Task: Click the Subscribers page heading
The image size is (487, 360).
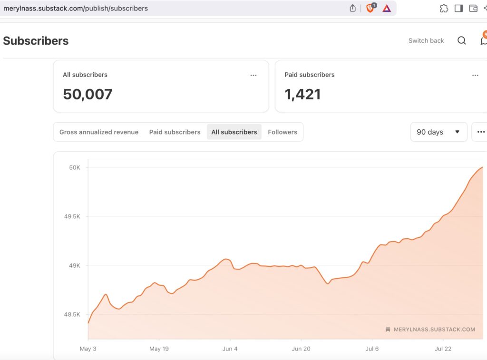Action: [x=36, y=41]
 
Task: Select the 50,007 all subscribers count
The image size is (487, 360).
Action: [x=88, y=94]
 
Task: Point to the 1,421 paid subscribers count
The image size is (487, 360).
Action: [x=302, y=94]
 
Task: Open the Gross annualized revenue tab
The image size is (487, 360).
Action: [x=99, y=132]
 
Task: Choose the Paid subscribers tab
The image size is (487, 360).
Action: [x=175, y=132]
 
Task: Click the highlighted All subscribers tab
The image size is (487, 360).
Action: [x=234, y=132]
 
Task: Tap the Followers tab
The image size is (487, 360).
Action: [x=282, y=132]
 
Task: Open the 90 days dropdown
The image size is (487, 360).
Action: [x=438, y=132]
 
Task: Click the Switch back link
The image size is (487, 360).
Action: [x=426, y=41]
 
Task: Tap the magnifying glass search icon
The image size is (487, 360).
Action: [x=462, y=41]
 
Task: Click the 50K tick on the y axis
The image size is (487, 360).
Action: [x=75, y=167]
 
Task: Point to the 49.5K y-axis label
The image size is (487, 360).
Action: [x=72, y=216]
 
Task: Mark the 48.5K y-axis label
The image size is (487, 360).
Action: [x=72, y=314]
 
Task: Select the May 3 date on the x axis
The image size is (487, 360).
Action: [x=88, y=349]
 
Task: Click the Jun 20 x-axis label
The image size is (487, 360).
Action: [x=301, y=349]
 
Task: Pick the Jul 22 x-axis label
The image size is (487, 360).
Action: [x=443, y=349]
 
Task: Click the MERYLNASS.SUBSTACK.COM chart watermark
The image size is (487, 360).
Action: [x=434, y=329]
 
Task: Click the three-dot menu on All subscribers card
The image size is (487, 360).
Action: [x=253, y=75]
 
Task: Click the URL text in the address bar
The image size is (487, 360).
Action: [x=76, y=8]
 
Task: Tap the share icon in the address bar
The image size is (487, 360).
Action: [x=352, y=8]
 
